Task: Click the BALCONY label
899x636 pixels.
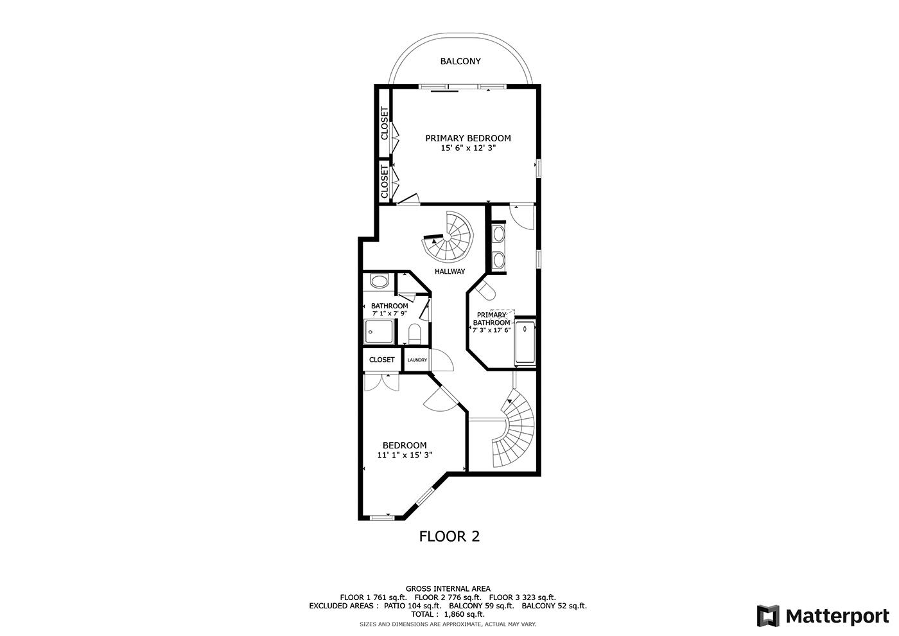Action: [460, 62]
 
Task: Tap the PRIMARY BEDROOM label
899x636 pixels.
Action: [468, 138]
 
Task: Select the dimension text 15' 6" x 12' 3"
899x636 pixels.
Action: [468, 148]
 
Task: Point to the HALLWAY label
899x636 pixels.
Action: [449, 271]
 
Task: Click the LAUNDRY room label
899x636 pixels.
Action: [417, 360]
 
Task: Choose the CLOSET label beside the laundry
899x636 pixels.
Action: [381, 360]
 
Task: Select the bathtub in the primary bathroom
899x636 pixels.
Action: [525, 342]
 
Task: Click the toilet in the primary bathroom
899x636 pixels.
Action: [485, 290]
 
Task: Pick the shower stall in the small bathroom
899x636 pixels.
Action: [378, 331]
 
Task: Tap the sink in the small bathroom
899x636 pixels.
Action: [379, 281]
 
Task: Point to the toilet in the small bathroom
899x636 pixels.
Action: [414, 334]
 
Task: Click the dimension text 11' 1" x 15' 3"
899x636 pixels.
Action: [405, 455]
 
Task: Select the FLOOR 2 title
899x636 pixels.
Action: [449, 536]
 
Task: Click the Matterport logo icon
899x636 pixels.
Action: [768, 616]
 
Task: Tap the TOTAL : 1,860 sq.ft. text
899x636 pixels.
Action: [448, 614]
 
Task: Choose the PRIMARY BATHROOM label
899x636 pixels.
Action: [491, 319]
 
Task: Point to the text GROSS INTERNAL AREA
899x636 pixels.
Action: [448, 588]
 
